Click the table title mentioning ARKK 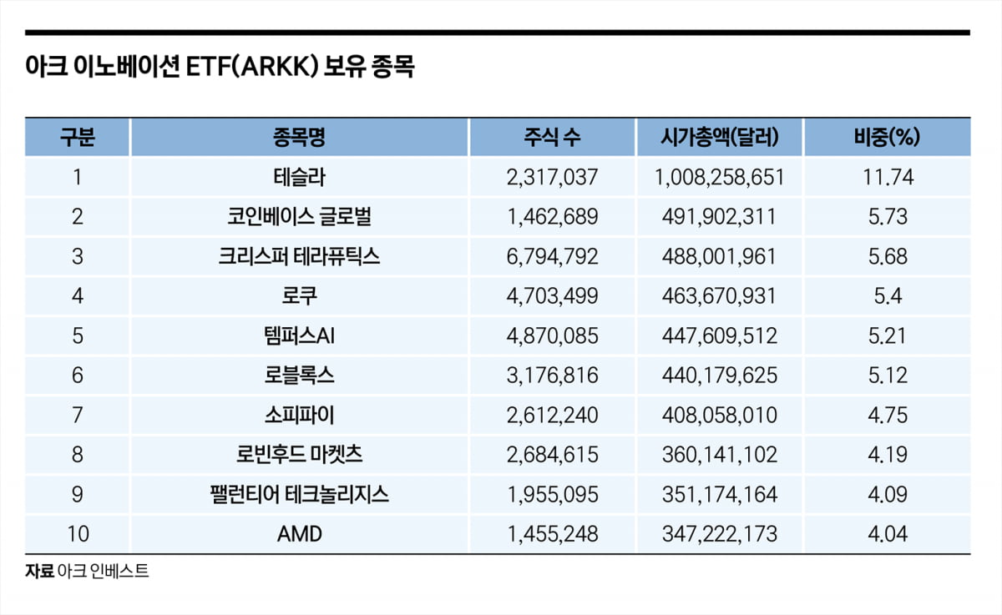(220, 68)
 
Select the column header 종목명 (299, 138)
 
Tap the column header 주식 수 (552, 138)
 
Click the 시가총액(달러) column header (719, 138)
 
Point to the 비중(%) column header (887, 138)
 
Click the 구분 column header (78, 138)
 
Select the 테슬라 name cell (299, 177)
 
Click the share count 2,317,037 (552, 177)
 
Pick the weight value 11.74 (887, 177)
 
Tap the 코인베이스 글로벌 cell (299, 217)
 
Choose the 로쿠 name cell (299, 296)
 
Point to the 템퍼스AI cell (299, 335)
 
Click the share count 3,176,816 (552, 376)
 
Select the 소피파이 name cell (299, 415)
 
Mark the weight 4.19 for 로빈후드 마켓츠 (887, 455)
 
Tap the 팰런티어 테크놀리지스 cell (299, 494)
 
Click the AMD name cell (299, 534)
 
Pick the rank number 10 (78, 534)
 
